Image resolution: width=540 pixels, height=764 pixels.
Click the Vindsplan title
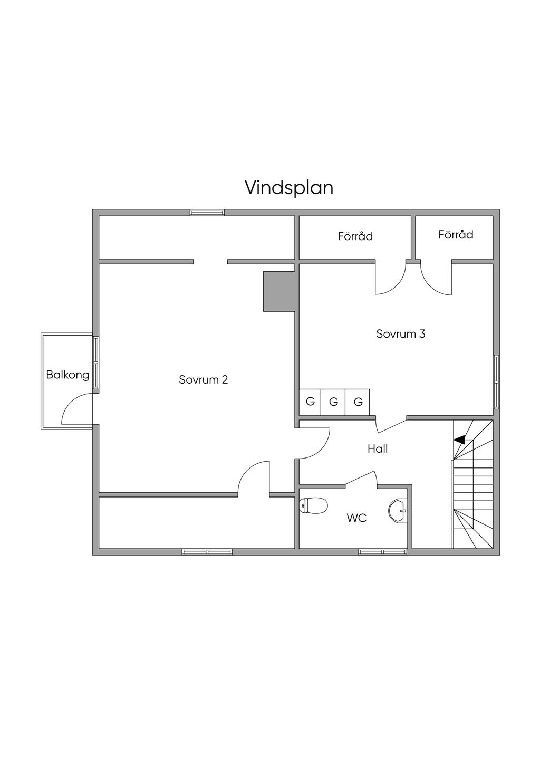(x=289, y=188)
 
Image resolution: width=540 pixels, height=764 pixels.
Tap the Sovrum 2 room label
(x=203, y=379)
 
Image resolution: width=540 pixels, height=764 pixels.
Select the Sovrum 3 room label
(x=400, y=334)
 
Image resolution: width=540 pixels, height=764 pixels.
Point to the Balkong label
(x=67, y=375)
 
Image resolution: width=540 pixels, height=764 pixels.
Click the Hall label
(x=378, y=448)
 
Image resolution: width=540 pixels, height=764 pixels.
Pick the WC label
(x=356, y=518)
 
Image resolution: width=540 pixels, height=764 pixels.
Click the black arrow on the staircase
(x=459, y=439)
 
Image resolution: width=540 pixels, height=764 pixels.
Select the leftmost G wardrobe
(x=310, y=402)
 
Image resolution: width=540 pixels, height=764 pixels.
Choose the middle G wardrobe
(x=333, y=402)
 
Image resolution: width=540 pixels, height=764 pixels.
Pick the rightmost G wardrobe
(x=358, y=402)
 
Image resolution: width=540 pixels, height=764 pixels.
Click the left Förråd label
(x=355, y=236)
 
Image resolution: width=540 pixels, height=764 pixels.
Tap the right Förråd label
(x=456, y=234)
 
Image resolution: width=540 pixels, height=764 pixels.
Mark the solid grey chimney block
(x=278, y=291)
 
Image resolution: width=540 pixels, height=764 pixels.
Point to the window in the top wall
(x=207, y=213)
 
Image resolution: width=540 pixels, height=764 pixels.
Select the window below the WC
(x=382, y=552)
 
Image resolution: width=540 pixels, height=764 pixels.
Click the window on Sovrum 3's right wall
(x=496, y=381)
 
